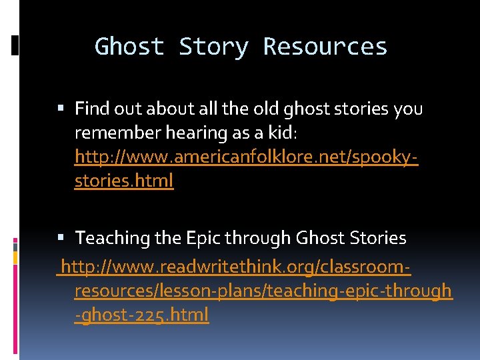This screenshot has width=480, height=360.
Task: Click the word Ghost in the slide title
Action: pyautogui.click(x=129, y=47)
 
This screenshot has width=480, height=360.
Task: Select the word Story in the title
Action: pyautogui.click(x=213, y=47)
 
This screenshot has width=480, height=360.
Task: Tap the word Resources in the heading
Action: pyautogui.click(x=325, y=47)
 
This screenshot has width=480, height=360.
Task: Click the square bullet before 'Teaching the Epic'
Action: pyautogui.click(x=63, y=238)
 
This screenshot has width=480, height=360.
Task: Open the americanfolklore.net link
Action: pyautogui.click(x=246, y=157)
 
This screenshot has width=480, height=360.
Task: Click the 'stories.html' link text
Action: pyautogui.click(x=124, y=181)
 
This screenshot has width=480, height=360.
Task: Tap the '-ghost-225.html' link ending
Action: pyautogui.click(x=141, y=315)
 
